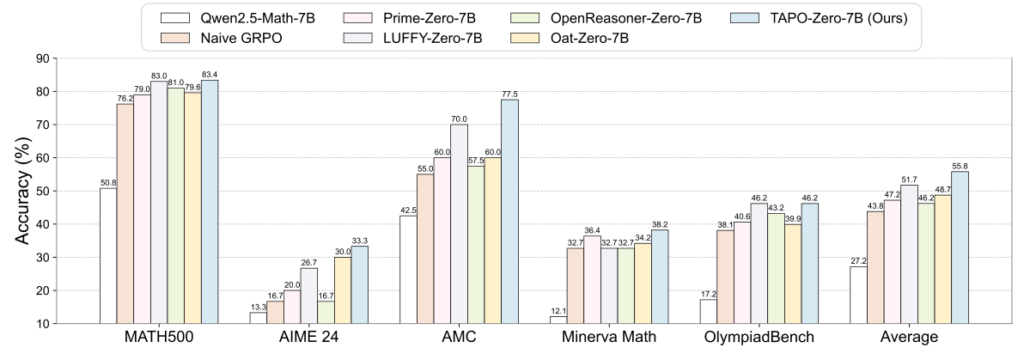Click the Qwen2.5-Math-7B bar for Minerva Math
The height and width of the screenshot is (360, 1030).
tap(559, 320)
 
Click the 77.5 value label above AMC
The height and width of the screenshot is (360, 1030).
tap(509, 94)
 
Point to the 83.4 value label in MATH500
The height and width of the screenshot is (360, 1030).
tap(210, 74)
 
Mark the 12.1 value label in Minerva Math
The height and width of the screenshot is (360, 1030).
tap(559, 311)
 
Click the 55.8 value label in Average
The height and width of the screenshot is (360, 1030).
tap(960, 166)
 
